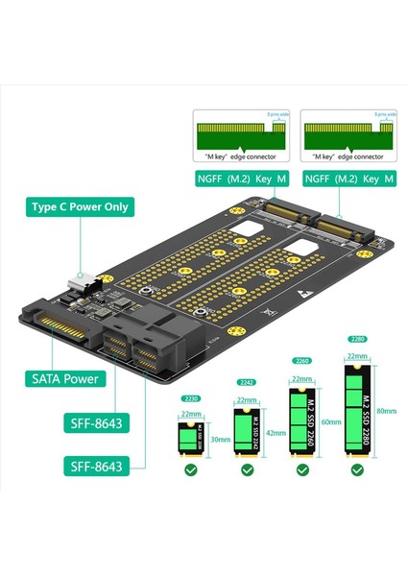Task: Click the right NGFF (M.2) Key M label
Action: pos(349,179)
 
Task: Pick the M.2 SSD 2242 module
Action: pos(245,432)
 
